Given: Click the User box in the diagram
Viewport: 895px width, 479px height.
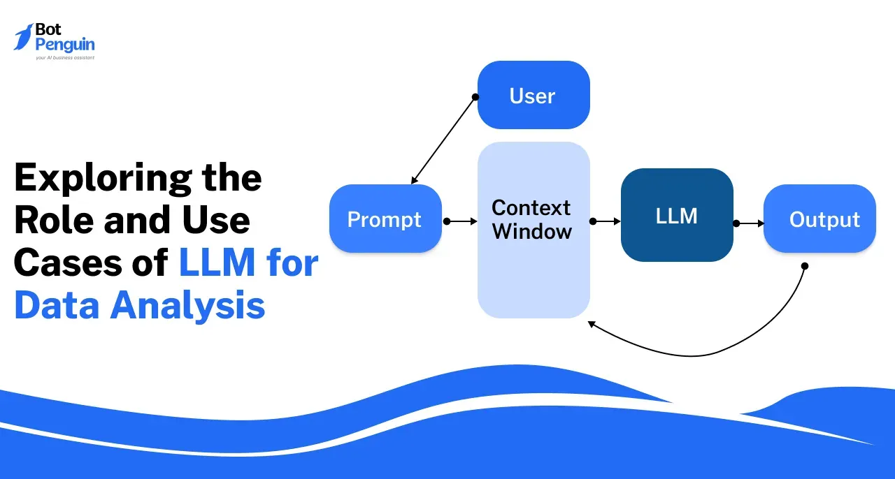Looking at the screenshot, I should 533,96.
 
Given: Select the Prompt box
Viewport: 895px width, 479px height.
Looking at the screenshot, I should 385,219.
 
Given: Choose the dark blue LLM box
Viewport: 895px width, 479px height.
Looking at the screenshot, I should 676,215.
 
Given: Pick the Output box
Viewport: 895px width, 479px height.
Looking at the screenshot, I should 819,219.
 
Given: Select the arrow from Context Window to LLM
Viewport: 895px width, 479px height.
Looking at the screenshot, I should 606,221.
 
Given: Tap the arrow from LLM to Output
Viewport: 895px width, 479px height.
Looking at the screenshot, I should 749,223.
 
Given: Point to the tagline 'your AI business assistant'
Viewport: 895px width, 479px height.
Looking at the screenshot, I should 64,57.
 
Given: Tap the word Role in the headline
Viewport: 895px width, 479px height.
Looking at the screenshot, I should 53,221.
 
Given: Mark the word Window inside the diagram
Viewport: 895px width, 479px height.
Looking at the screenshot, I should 531,231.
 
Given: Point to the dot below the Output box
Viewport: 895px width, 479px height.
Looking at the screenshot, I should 804,266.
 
